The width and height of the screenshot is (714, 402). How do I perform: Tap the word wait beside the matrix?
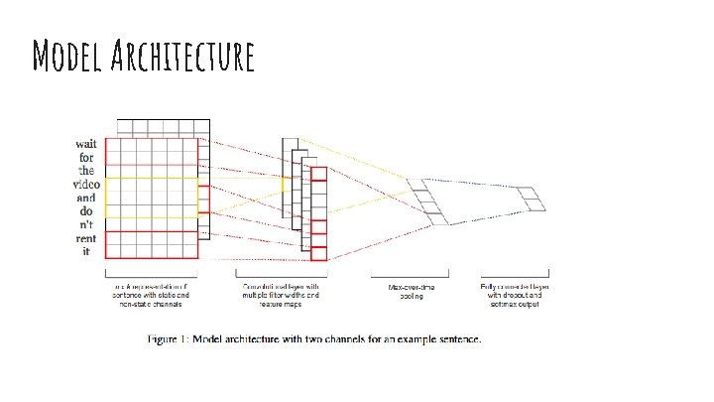click(87, 144)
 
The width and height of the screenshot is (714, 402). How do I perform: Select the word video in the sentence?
click(85, 185)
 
